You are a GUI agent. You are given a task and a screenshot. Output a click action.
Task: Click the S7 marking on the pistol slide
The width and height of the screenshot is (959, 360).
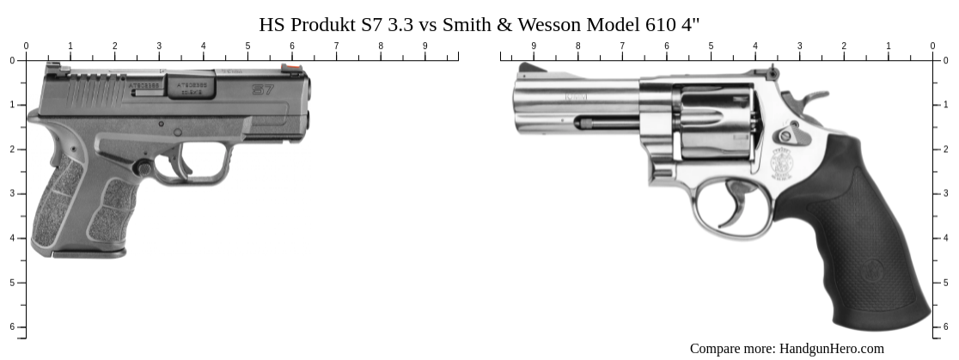[x=263, y=88]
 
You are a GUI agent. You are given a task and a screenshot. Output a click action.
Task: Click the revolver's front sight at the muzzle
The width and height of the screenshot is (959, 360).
[x=527, y=68]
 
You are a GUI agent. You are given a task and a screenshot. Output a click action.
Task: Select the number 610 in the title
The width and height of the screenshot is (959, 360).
[x=658, y=24]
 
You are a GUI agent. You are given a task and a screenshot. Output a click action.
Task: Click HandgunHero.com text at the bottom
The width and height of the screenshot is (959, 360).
[x=831, y=348]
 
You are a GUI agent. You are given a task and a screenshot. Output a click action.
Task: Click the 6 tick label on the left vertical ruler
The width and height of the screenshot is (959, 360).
[x=12, y=326]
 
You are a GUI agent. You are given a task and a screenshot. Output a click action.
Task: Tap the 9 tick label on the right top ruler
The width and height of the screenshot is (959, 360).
[x=534, y=46]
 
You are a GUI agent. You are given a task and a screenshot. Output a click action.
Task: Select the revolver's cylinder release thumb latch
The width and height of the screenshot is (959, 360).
[x=786, y=136]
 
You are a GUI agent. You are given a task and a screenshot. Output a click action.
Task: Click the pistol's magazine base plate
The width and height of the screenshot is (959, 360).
[x=89, y=253]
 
